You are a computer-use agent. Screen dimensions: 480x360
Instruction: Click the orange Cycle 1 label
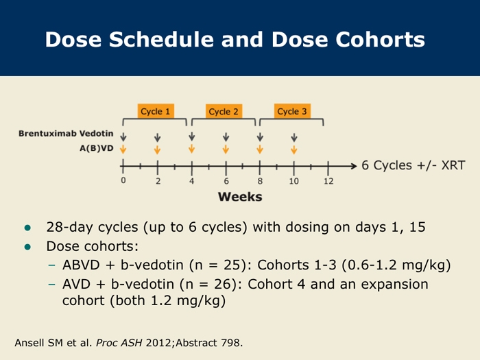(156, 111)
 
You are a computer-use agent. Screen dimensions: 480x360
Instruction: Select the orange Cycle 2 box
(224, 111)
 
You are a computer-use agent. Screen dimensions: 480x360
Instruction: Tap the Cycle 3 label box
(292, 111)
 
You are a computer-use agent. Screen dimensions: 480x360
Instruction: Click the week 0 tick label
(123, 180)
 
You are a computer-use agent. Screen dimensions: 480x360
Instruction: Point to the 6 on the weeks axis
(226, 181)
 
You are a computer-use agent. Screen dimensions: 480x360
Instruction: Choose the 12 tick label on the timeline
(328, 181)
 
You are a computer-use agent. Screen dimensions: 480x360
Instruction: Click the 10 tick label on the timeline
(294, 181)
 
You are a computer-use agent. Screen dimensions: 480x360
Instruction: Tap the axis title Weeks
(240, 197)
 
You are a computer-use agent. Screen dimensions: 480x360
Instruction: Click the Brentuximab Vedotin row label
(66, 134)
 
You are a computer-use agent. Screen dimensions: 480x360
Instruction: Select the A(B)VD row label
(97, 148)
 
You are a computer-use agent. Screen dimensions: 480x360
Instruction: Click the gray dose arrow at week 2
(157, 137)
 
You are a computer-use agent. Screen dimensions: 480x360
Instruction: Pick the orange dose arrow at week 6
(226, 149)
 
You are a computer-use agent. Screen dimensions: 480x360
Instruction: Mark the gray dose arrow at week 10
(294, 137)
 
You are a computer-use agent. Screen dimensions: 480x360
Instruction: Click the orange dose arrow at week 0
(123, 149)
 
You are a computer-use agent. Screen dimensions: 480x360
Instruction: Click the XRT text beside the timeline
(453, 165)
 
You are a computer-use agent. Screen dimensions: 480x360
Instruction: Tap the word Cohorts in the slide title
(380, 40)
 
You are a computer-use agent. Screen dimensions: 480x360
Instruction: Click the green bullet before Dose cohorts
(27, 247)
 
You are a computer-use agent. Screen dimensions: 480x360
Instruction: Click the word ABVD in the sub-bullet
(81, 265)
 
